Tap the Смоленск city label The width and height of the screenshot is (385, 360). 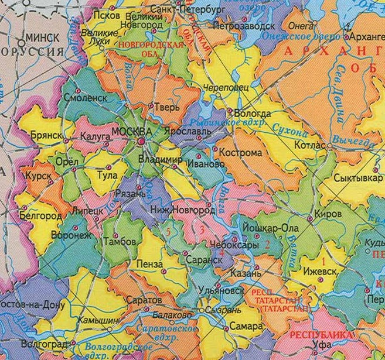pyautogui.click(x=85, y=98)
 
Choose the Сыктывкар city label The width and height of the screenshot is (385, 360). pyautogui.click(x=357, y=177)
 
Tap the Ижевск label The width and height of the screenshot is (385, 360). pyautogui.click(x=319, y=271)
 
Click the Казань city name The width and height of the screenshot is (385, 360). pyautogui.click(x=250, y=273)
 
